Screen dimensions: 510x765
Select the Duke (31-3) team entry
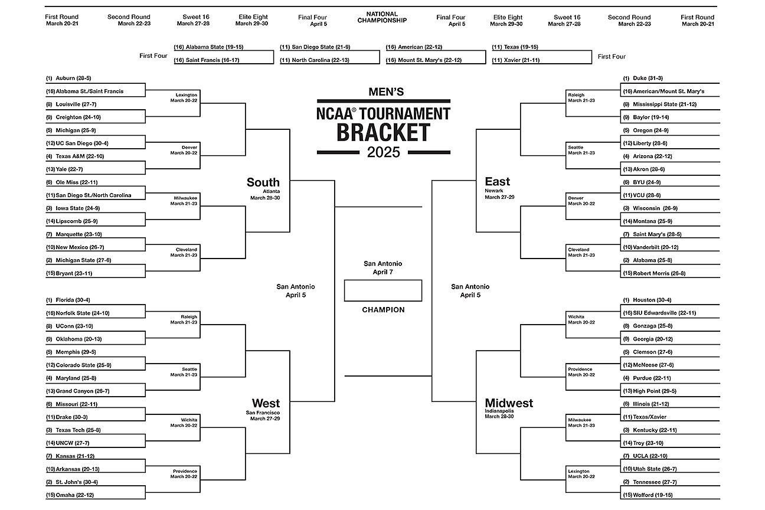coord(648,78)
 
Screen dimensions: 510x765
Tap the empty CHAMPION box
coord(382,290)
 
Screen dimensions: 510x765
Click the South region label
coord(263,182)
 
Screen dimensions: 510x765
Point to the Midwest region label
coord(509,403)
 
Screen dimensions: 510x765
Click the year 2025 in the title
coord(383,152)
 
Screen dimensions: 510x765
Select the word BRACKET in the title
coord(383,132)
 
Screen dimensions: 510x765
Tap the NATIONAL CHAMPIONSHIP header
coord(382,17)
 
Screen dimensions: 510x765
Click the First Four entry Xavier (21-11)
coord(519,60)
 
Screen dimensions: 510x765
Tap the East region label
coord(497,181)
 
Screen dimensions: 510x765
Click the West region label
coord(266,403)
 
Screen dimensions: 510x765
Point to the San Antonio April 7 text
coord(382,268)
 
